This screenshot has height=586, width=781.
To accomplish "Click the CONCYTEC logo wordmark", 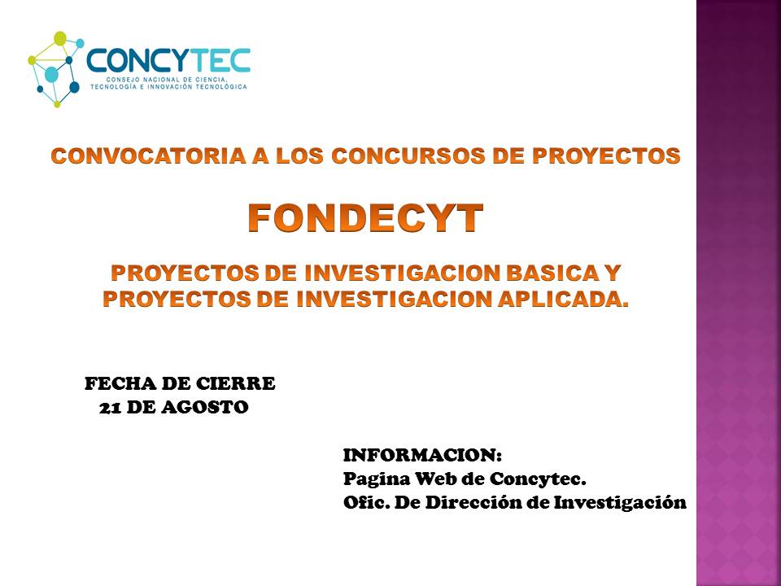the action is [168, 60].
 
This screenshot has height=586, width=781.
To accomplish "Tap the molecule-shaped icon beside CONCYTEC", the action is [55, 69].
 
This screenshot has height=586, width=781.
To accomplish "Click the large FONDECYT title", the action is [365, 218].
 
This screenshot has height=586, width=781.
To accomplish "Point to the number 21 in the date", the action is [109, 408].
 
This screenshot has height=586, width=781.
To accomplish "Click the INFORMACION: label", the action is [422, 455].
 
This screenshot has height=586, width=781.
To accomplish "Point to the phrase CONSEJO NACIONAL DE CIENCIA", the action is [167, 80].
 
